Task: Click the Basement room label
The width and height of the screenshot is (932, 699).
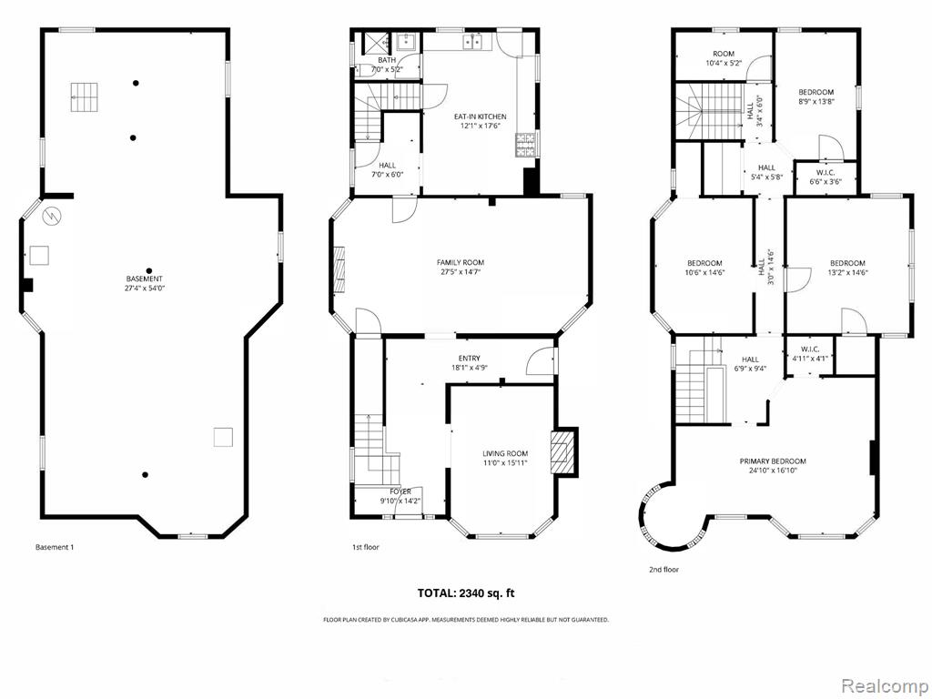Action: pos(145,279)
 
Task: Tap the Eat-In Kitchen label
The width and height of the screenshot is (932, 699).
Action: pos(481,116)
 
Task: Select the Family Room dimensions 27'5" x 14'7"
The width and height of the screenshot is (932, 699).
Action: pos(460,272)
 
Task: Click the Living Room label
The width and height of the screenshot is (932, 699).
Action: pos(505,453)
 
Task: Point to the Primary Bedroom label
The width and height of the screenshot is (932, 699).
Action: pos(773,461)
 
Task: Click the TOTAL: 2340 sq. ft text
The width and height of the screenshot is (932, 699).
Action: pos(466,593)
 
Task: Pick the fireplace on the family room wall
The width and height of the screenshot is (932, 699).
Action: pos(339,269)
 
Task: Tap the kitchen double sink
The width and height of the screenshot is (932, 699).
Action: pos(473,41)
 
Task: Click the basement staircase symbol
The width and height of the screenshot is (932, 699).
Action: pos(85,96)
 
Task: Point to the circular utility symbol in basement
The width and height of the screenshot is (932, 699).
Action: pos(51,214)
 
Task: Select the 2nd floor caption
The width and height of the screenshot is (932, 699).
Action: pos(664,570)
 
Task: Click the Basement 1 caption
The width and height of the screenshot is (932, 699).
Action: pos(55,547)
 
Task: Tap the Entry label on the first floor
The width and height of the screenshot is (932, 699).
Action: pos(469,359)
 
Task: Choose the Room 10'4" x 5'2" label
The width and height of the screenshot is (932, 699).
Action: pos(724,58)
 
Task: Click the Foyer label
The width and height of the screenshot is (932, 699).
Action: pos(400,491)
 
